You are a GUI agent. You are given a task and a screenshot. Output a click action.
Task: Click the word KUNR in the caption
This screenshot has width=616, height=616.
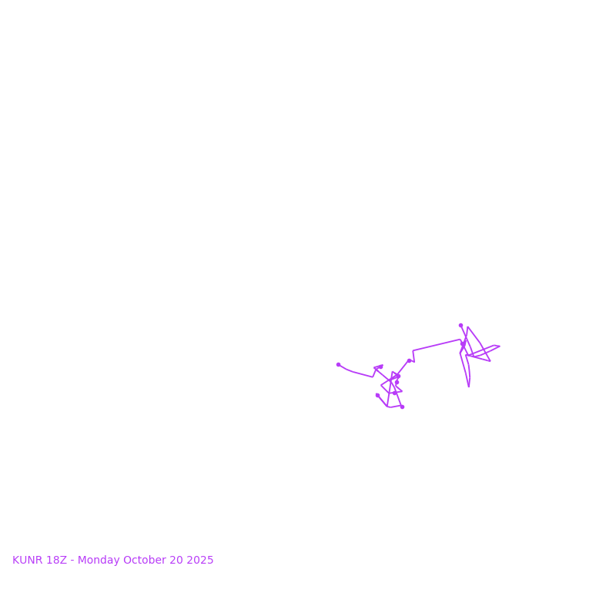(x=28, y=561)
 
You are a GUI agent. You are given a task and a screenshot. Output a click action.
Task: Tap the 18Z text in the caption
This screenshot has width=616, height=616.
(x=56, y=561)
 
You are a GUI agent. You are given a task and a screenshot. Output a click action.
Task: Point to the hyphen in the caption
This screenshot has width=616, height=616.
(x=72, y=561)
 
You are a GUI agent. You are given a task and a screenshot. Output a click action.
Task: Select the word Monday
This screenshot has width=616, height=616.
(x=96, y=561)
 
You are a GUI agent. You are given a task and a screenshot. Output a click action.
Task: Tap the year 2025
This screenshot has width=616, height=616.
(x=199, y=561)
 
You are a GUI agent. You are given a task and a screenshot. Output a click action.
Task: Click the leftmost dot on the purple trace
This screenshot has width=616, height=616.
(x=338, y=364)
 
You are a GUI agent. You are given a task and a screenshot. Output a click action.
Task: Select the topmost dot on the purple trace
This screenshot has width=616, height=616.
(x=460, y=325)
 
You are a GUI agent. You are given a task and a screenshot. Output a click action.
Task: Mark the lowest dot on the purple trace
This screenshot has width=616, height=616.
(x=402, y=407)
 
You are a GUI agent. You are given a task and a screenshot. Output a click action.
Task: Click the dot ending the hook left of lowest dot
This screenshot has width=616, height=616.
(x=377, y=395)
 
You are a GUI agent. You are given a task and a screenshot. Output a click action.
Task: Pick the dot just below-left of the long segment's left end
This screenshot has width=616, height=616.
(x=409, y=360)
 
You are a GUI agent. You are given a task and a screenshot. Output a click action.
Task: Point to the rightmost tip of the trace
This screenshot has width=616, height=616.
(x=500, y=346)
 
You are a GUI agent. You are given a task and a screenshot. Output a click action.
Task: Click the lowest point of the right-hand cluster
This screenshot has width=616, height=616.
(x=468, y=387)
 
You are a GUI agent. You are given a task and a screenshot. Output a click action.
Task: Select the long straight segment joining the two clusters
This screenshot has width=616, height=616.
(x=437, y=345)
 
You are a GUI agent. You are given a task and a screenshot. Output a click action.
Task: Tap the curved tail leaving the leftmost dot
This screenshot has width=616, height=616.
(x=354, y=372)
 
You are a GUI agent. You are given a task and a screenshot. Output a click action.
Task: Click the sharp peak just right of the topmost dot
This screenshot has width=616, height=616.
(x=467, y=327)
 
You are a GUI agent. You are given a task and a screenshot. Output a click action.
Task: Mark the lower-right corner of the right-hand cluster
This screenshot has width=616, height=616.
(x=490, y=361)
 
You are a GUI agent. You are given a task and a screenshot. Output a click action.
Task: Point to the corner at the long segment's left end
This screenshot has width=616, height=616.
(x=413, y=351)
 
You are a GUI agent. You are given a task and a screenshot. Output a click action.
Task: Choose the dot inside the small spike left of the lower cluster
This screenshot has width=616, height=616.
(x=380, y=367)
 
